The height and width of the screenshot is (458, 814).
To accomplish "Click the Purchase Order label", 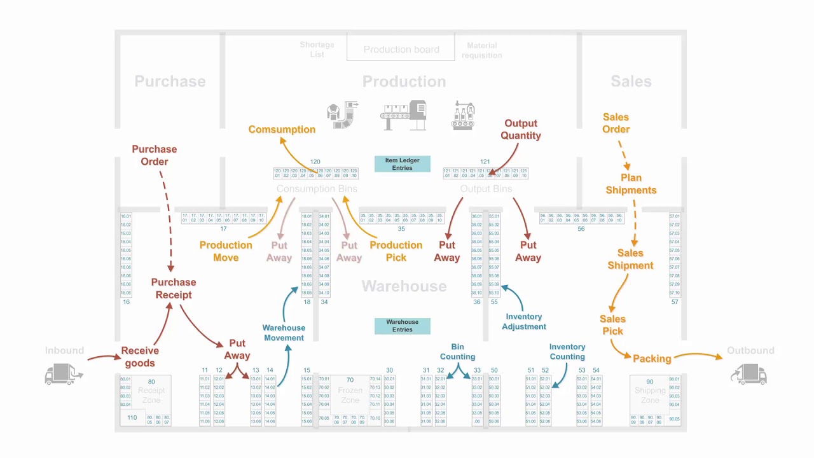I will point(154,155).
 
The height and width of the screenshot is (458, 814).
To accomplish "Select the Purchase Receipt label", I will point(173,288).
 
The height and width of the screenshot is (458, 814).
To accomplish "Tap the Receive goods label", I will point(140,357).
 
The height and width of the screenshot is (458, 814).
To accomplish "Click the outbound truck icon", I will point(750,374).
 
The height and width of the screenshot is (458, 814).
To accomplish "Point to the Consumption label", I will point(282,129).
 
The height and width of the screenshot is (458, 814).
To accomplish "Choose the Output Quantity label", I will point(521,129).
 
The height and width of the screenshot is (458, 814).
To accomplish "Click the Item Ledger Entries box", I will point(402,164).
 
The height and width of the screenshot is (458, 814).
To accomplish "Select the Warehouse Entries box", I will point(402,326).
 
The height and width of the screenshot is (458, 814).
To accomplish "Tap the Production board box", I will point(401,49).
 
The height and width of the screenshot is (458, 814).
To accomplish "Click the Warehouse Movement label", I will point(284,333).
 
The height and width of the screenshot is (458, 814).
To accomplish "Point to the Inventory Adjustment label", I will point(524,321).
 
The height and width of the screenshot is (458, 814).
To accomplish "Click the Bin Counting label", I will point(457,351).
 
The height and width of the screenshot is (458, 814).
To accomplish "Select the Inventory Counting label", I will point(567,351).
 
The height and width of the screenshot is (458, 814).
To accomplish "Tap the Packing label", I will point(652,359).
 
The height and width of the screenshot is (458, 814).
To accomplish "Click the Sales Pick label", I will point(612,324).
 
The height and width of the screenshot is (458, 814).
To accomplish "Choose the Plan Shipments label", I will point(631,184).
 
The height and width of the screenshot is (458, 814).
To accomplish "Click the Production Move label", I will point(226,251).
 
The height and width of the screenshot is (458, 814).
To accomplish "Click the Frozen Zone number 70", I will point(350,380).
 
